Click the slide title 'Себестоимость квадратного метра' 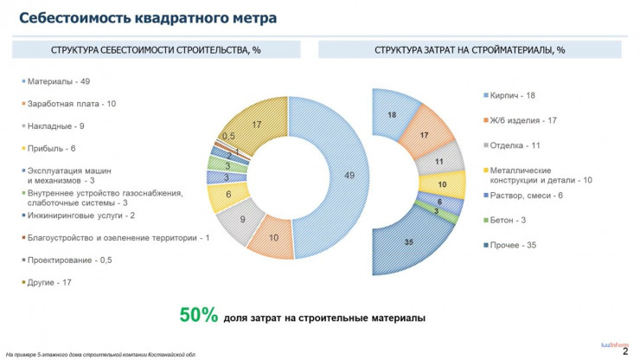[148, 17]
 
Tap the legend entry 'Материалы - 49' [59, 81]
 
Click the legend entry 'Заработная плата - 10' [73, 103]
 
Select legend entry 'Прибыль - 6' [51, 148]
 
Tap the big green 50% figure [198, 317]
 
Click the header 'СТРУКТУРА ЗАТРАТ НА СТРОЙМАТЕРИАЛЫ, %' [470, 50]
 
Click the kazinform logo [614, 343]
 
